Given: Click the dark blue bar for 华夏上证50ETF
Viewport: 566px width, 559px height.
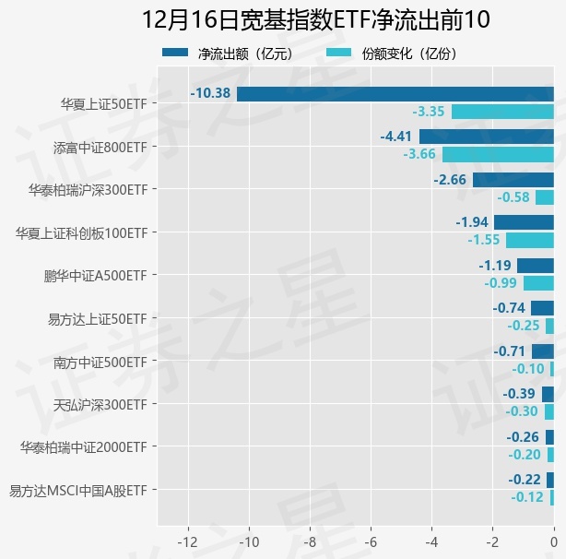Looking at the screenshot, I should [395, 93].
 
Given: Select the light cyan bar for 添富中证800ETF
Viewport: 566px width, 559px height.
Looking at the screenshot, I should [498, 154].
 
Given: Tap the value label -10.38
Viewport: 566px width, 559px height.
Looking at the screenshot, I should [210, 93].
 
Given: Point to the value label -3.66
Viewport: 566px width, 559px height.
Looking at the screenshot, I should [419, 154].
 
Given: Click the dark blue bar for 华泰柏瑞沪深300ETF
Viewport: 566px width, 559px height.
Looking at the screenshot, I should [513, 179].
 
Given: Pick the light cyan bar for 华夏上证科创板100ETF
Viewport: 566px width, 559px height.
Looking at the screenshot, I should [530, 240].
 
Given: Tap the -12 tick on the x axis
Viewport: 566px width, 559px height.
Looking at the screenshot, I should [188, 540].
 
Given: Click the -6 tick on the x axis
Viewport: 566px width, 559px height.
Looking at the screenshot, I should [371, 540].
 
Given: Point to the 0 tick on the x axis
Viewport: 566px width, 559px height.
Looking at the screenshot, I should [554, 540].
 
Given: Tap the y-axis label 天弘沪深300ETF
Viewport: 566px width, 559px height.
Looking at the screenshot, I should [100, 404].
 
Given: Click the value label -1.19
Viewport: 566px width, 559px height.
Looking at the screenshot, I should [495, 265].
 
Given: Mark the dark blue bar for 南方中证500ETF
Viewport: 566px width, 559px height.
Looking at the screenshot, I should [543, 351].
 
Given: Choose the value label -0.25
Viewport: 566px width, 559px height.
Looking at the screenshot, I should [524, 326].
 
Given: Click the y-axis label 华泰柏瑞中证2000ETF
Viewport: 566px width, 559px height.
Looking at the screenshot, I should [83, 447].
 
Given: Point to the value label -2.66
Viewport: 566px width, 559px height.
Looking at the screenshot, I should [451, 179].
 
